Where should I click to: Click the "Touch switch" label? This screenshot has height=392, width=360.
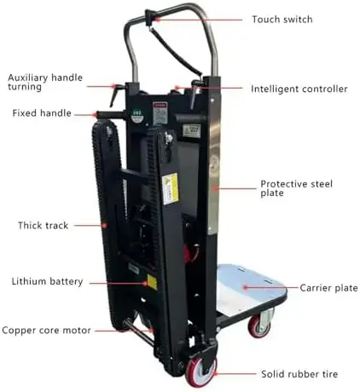point(282,20)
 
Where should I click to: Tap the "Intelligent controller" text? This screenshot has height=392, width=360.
point(299,89)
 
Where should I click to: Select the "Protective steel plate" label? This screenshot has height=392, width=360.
point(296,188)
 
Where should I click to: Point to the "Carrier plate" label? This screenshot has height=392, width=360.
point(328,288)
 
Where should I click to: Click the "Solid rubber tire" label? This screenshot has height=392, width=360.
point(299,374)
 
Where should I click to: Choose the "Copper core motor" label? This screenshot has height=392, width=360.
point(46,331)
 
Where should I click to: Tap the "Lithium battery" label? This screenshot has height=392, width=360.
point(47,281)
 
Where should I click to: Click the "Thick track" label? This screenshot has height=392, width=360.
point(44,225)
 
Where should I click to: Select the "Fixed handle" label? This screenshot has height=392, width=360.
point(42,113)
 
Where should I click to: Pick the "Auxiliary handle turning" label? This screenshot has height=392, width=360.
point(45,82)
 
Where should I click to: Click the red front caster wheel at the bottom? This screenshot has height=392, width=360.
point(200,372)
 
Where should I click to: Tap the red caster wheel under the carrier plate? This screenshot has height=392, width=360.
point(258,326)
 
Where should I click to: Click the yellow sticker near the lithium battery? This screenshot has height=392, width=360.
point(152,282)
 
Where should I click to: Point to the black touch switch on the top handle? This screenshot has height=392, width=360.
point(150,17)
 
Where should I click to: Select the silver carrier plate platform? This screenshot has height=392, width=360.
point(249,287)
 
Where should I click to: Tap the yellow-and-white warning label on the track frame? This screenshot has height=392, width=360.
point(170,188)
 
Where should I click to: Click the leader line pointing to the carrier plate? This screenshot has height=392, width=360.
point(271,288)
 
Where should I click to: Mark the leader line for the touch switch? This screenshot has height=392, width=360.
point(200,20)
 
